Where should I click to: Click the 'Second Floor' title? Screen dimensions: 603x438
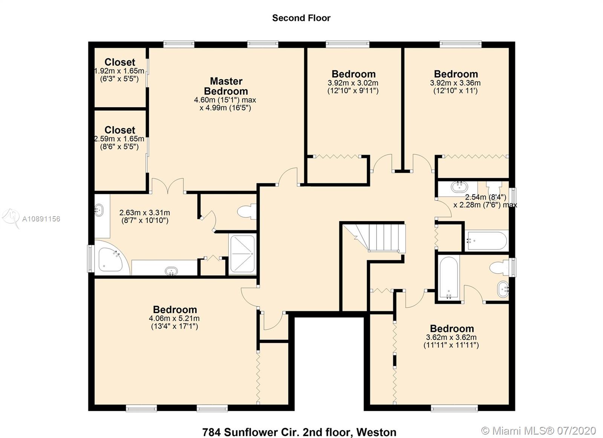coord(301,18)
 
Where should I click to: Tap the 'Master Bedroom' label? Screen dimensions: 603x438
coord(226,86)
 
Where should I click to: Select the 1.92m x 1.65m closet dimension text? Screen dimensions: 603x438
coord(119,71)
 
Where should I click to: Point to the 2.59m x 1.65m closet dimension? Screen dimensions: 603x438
coord(119,139)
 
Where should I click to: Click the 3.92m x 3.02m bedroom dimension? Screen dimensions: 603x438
coord(353,83)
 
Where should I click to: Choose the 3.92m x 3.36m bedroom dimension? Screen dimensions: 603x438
coord(455,83)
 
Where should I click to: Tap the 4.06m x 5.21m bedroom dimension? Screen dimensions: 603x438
coord(174,319)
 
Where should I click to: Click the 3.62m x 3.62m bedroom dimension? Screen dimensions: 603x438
coord(451,337)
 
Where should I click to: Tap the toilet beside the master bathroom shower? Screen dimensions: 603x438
coord(246,211)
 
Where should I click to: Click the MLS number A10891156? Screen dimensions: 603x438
coord(41,219)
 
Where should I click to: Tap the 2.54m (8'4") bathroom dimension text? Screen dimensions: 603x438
coord(486,197)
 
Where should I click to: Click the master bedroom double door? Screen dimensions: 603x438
coord(168,186)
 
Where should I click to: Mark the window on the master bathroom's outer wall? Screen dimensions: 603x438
coord(91,258)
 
